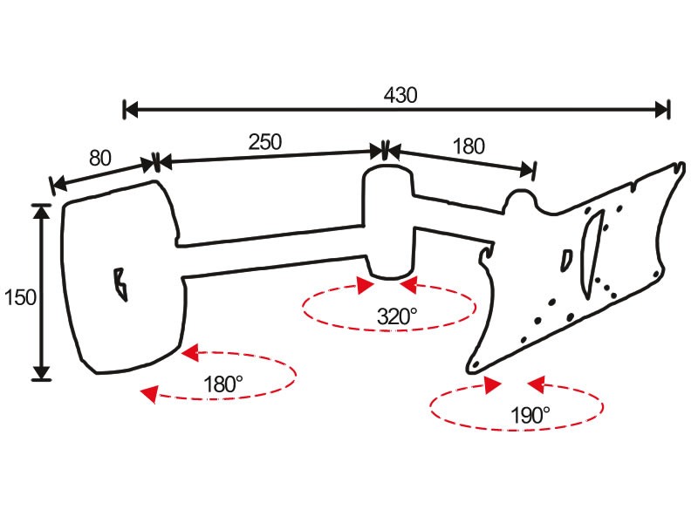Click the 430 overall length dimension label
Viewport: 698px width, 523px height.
point(400,95)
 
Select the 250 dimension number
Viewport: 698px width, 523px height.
point(265,142)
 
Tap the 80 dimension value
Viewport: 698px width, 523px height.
point(100,158)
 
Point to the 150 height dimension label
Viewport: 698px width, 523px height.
point(20,297)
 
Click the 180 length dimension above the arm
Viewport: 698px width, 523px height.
point(469,146)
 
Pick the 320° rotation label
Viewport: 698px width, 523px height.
point(397,316)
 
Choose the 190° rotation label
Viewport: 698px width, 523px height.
point(530,416)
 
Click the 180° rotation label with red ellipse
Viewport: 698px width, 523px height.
point(222,384)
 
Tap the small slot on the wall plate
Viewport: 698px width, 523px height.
point(120,285)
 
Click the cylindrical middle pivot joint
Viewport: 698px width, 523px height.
point(389,221)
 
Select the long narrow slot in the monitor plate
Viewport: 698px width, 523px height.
point(592,254)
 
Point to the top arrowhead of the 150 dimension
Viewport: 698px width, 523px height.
point(41,212)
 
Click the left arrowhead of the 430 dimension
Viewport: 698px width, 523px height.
point(131,109)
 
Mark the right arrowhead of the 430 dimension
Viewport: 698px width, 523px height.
point(661,109)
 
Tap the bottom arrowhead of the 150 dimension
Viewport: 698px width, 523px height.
point(41,373)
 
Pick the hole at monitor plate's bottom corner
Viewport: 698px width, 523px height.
point(476,364)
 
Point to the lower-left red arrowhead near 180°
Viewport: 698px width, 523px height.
point(149,394)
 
